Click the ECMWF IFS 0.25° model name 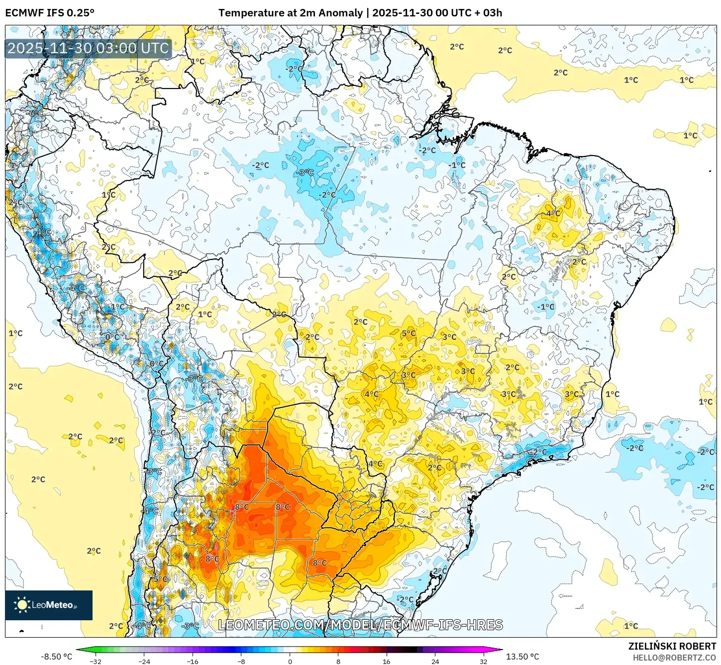[50, 13]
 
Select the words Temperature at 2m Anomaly [290, 13]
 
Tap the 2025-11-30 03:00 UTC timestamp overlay [88, 48]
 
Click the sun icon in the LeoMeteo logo [22, 604]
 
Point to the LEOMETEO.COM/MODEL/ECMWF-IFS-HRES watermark [360, 625]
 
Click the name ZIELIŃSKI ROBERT [672, 646]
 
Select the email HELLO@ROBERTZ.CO [674, 658]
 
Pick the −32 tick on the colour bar [95, 661]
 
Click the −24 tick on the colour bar [144, 661]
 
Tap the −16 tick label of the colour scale [192, 661]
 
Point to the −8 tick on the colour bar [241, 661]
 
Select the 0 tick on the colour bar [290, 661]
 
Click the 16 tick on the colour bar [387, 661]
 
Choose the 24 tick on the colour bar [435, 661]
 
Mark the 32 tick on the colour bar [484, 661]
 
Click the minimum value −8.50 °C [56, 657]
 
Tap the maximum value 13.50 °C [522, 657]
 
